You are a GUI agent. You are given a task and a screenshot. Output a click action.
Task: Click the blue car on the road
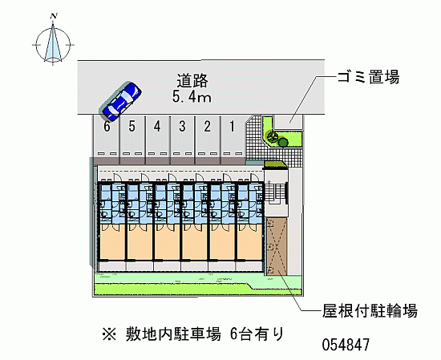(x=122, y=102)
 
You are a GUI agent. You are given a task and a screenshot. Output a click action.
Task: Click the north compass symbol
(x=53, y=44)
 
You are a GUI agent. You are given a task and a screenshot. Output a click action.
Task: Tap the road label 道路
(x=192, y=80)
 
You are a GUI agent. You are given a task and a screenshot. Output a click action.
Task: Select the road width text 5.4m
(x=192, y=97)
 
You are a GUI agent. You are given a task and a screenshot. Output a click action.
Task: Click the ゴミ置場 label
(x=369, y=76)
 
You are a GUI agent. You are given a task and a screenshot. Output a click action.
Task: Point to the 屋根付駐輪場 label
(x=370, y=311)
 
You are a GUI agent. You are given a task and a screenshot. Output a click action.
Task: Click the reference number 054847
(x=346, y=344)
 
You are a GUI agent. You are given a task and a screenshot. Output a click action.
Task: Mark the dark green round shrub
(x=283, y=141)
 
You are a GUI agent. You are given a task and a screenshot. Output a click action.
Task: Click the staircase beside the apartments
(x=275, y=192)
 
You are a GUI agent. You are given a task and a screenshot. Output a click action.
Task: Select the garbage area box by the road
(x=288, y=122)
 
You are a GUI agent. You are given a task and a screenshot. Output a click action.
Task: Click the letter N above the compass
(x=54, y=16)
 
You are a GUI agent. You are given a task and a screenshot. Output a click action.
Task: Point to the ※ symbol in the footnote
(x=109, y=334)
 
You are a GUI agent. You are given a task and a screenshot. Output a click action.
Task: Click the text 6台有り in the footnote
(x=257, y=334)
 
